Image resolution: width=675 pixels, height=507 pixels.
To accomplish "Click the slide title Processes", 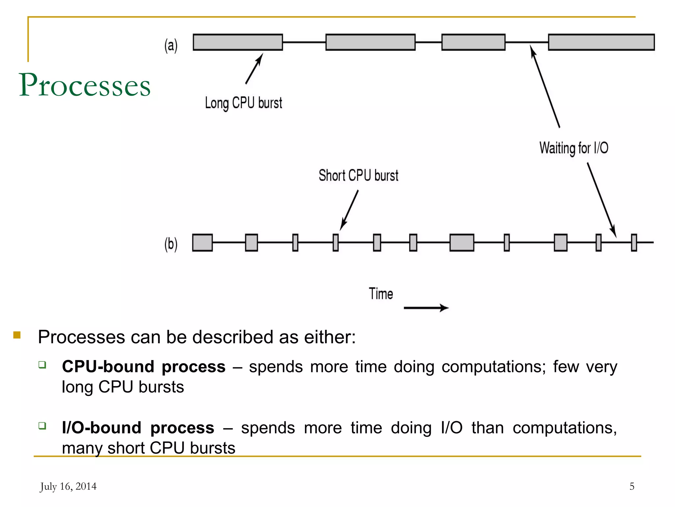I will tap(85, 85).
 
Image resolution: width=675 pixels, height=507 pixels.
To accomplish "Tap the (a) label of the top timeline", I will tap(171, 46).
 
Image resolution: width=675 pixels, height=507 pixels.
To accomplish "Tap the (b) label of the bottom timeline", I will tap(171, 244).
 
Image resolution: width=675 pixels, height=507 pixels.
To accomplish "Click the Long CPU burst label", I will tap(243, 103).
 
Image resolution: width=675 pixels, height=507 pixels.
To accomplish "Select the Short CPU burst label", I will tap(358, 176).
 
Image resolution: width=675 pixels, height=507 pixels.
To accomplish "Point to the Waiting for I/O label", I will tap(573, 148).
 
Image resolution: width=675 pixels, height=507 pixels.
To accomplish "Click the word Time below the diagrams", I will tap(381, 294).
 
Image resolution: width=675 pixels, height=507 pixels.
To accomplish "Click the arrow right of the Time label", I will tap(426, 308).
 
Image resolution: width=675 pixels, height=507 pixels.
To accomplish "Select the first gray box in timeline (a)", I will tap(238, 42).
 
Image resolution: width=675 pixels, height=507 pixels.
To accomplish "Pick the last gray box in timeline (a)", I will tap(601, 42).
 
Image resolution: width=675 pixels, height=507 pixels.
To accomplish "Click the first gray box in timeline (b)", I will tap(202, 243).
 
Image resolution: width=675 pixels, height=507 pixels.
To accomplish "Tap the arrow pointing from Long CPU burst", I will tap(254, 69).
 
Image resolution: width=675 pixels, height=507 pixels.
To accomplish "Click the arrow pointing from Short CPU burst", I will tap(349, 210).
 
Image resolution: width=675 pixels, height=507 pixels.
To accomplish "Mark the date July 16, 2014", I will tap(68, 486).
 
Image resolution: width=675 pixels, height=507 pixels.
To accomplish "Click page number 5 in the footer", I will tap(631, 486).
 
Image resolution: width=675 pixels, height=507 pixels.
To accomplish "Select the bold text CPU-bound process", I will tap(144, 367).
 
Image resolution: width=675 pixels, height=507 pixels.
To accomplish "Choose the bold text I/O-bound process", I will tap(138, 428).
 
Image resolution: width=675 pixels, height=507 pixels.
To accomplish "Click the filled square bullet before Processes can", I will tap(17, 335).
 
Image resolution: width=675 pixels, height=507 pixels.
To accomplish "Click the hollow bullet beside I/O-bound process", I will tap(42, 425).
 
